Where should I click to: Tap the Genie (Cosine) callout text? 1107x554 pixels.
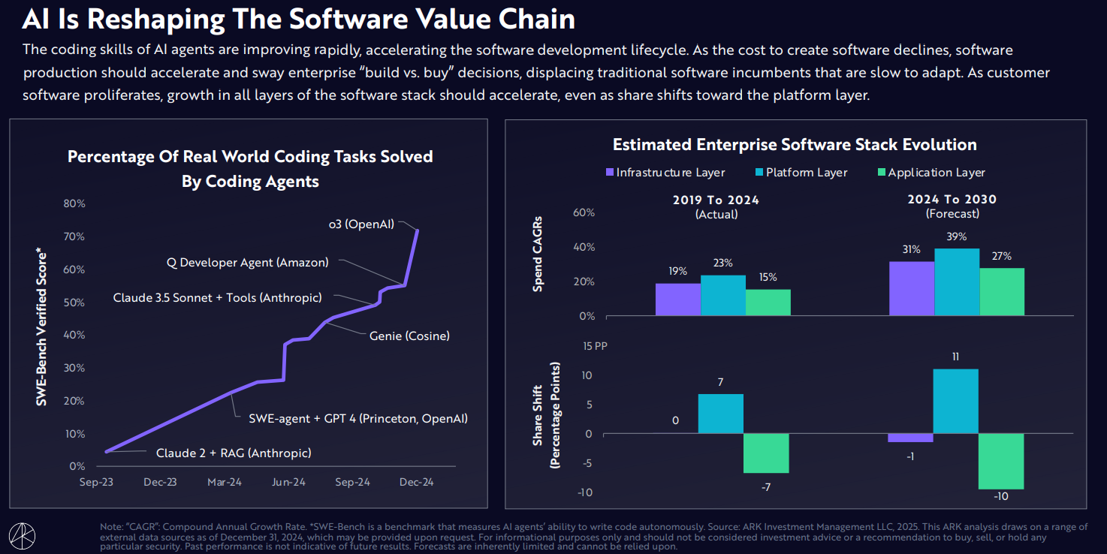[409, 336]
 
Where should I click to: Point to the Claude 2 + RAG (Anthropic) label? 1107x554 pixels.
[234, 453]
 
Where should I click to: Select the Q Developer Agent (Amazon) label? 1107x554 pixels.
[247, 263]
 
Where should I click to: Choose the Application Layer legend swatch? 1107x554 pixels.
[881, 173]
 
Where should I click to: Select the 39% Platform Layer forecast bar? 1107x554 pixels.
[957, 282]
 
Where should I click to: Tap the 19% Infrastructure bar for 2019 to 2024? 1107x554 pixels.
[677, 300]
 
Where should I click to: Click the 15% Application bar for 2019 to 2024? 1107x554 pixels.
[768, 303]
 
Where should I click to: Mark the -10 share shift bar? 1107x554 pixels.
[1002, 462]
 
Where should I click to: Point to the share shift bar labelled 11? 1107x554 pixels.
[956, 401]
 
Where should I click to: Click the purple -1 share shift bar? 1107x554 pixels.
[911, 438]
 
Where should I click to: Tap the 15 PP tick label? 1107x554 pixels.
[595, 346]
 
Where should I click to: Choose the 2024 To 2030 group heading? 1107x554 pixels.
[952, 200]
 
